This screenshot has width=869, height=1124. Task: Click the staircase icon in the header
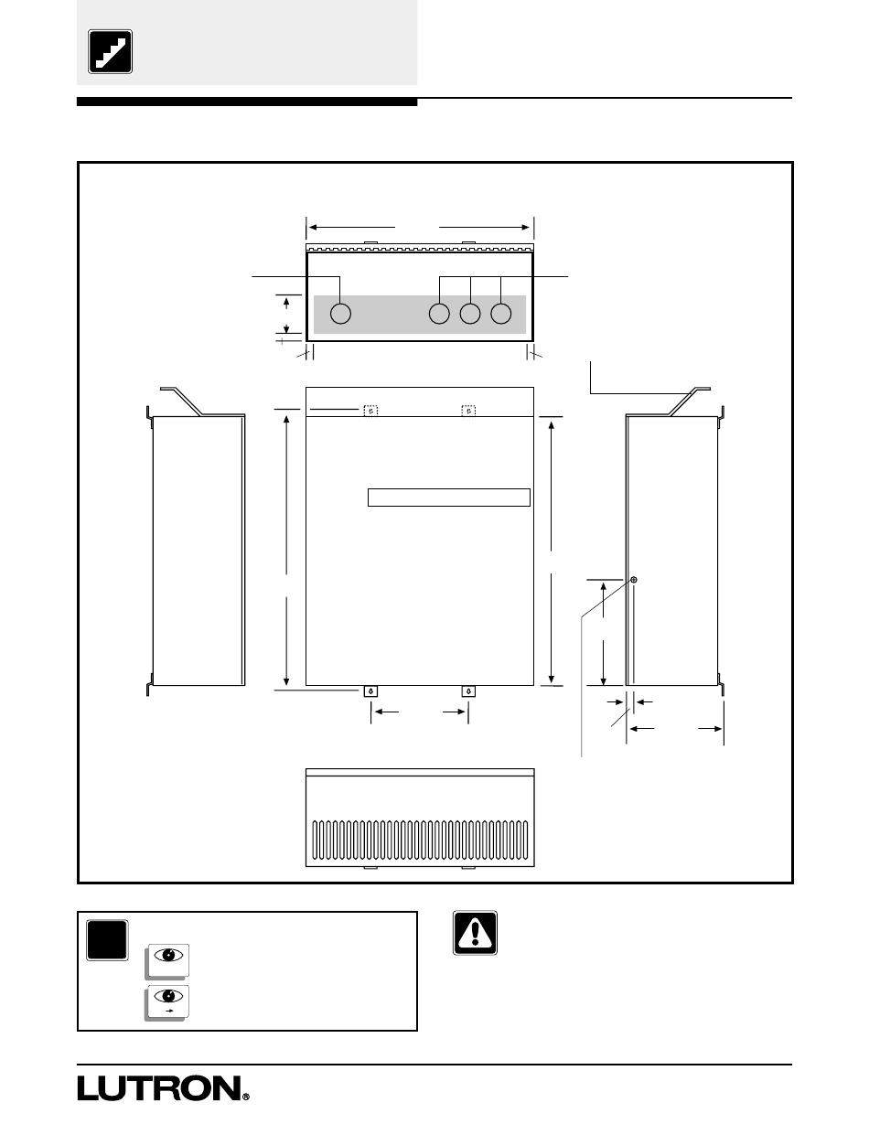pyautogui.click(x=110, y=52)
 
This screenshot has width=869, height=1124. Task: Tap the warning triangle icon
pyautogui.click(x=475, y=933)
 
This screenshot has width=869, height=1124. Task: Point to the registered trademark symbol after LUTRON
pyautogui.click(x=246, y=1097)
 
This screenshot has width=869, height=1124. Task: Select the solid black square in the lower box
pyautogui.click(x=107, y=940)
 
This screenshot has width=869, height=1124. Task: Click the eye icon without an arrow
pyautogui.click(x=168, y=955)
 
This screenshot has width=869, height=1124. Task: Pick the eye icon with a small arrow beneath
pyautogui.click(x=168, y=998)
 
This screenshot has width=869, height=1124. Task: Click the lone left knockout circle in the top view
pyautogui.click(x=340, y=314)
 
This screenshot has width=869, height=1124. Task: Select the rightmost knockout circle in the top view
pyautogui.click(x=500, y=314)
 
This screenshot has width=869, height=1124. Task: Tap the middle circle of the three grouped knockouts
pyautogui.click(x=470, y=314)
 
